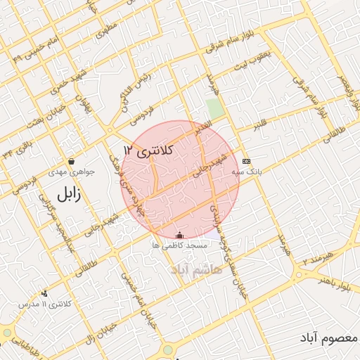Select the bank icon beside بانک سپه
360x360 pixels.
tap(245, 160)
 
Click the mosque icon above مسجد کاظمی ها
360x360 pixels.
tap(179, 235)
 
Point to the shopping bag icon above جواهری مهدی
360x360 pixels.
tap(71, 161)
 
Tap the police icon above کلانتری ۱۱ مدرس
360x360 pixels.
tap(44, 293)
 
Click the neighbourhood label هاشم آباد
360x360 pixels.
tap(196, 269)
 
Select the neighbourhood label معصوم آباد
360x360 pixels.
tap(330, 340)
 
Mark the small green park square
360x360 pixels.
tap(214, 109)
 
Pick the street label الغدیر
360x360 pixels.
tap(203, 129)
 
